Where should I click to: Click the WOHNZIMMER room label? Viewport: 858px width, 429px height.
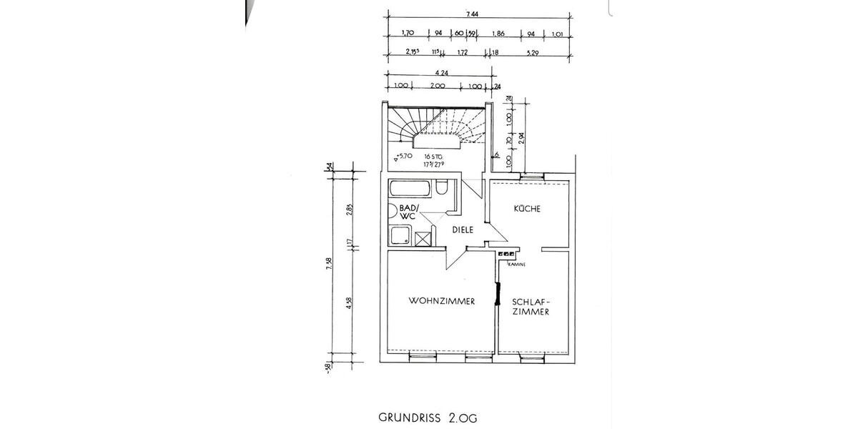442,301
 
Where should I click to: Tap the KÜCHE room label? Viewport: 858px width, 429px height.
527,209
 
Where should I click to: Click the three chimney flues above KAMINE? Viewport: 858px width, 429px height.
506,254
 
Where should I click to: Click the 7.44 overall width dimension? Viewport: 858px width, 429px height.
472,14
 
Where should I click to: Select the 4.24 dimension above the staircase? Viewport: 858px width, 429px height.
441,71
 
